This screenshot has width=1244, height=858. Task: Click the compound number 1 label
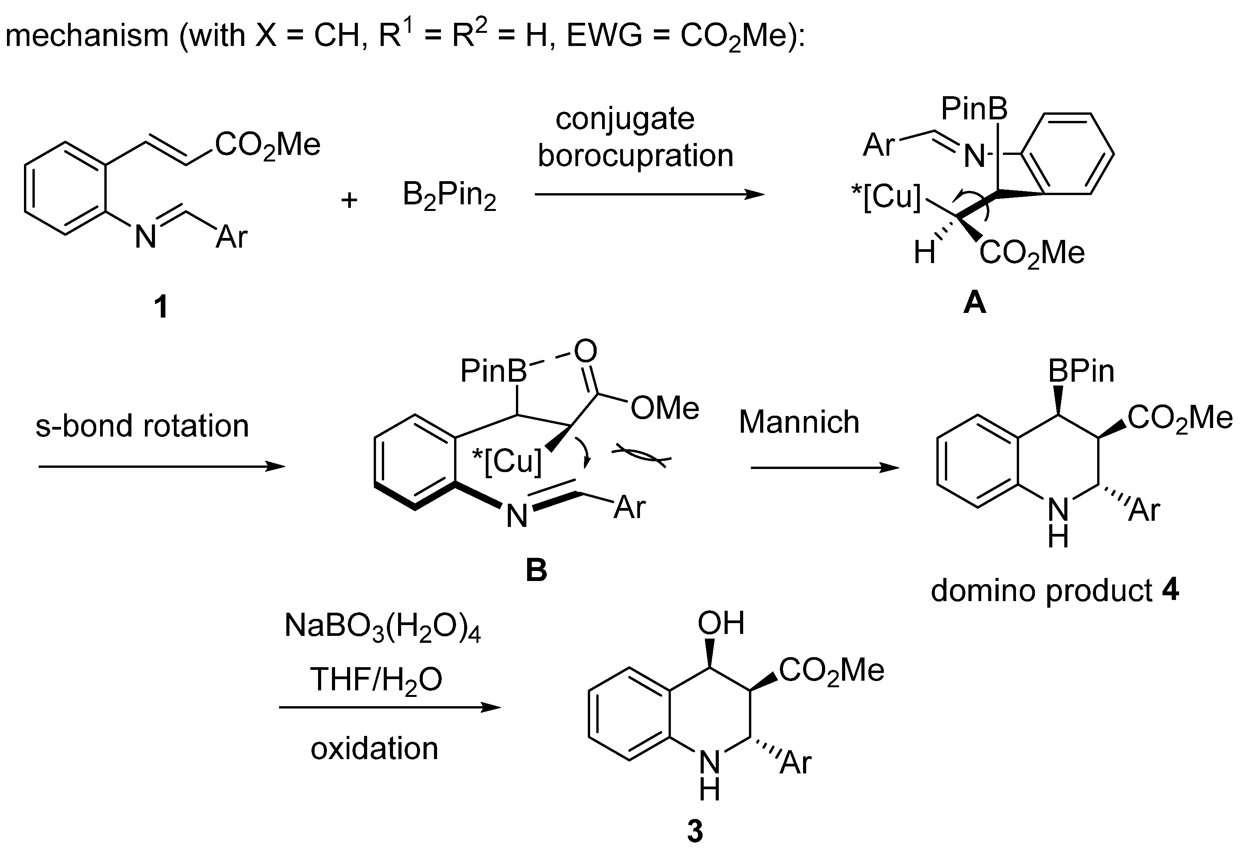[x=160, y=308]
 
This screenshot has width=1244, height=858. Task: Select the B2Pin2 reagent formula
[x=449, y=197]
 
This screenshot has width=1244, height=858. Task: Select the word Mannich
[x=799, y=421]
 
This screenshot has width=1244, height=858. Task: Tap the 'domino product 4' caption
[x=1055, y=591]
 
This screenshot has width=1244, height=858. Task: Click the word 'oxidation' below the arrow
[x=374, y=748]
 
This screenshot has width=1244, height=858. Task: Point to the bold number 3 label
[x=694, y=831]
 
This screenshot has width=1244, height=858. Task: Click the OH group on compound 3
[x=721, y=624]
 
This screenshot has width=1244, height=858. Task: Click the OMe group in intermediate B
[x=664, y=409]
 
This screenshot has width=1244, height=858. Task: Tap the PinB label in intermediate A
[x=974, y=110]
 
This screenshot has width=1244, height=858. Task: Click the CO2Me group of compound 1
[x=267, y=145]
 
